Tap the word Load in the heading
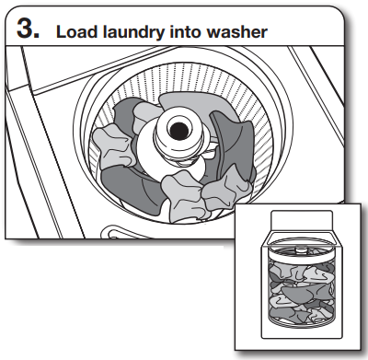pyautogui.click(x=75, y=30)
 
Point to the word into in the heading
pyautogui.click(x=184, y=30)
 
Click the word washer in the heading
pyautogui.click(x=235, y=30)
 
